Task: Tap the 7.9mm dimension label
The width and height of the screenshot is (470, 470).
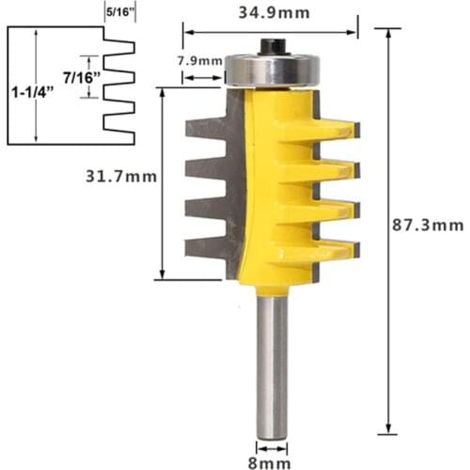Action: click(x=199, y=62)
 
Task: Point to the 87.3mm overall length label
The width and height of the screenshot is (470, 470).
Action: click(x=429, y=225)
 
